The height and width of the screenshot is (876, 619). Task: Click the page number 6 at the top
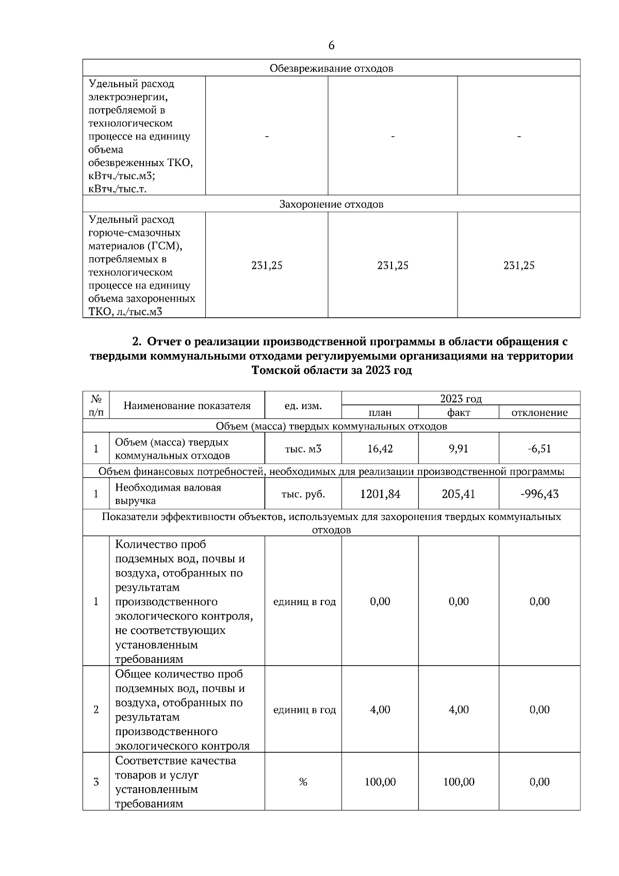(x=331, y=45)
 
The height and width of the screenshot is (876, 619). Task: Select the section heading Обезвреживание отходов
(x=331, y=69)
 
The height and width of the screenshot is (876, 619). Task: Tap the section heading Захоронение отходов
(x=331, y=204)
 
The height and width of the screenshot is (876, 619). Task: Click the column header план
(x=380, y=412)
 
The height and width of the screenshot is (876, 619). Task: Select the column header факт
(x=458, y=412)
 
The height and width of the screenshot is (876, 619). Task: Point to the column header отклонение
(x=539, y=412)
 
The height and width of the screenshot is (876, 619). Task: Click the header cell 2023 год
(x=461, y=399)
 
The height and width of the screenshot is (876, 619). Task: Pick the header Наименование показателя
(x=187, y=405)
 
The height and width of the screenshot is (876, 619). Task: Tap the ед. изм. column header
(x=303, y=405)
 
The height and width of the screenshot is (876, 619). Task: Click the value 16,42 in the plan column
(x=380, y=449)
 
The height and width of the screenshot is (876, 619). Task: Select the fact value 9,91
(x=458, y=449)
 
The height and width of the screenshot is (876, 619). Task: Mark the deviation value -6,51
(x=539, y=449)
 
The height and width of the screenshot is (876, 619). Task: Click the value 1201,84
(x=380, y=494)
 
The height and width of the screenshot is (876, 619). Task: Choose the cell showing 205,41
(x=458, y=494)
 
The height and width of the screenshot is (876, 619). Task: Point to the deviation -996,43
(x=539, y=494)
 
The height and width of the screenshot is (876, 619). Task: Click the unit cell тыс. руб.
(x=303, y=494)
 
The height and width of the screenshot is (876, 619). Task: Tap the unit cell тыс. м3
(x=303, y=449)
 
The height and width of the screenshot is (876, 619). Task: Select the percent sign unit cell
(x=303, y=782)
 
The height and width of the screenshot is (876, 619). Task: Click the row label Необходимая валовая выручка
(x=168, y=494)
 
